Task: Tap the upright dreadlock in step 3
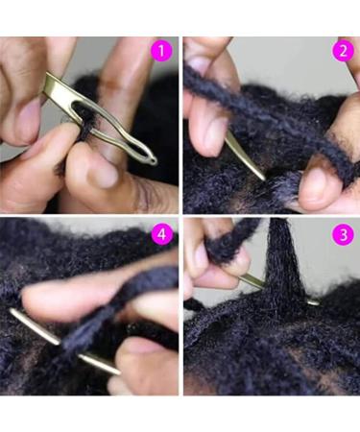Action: pos(280,264)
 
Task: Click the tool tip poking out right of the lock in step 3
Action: pos(313,301)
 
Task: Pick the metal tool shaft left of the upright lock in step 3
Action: pos(252,280)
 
